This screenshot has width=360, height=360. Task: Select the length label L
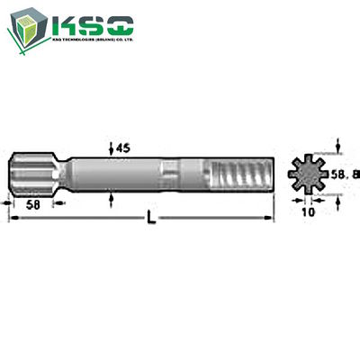151,219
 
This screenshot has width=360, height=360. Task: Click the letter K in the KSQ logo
68,27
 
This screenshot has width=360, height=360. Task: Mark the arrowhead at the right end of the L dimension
267,219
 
